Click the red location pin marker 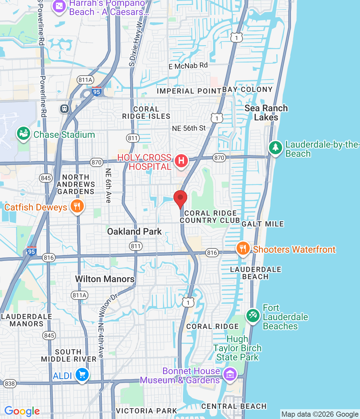point(180,198)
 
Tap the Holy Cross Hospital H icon point(181,161)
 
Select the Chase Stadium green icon point(24,134)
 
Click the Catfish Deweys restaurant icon point(77,206)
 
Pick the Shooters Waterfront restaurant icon point(243,248)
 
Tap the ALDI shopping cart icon point(82,374)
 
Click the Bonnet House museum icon point(230,374)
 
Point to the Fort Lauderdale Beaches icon point(253,316)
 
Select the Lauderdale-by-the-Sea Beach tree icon point(276,148)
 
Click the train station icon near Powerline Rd point(64,108)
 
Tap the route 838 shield point(10,384)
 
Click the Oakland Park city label point(134,231)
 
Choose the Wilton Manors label point(105,279)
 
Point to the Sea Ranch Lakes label point(266,113)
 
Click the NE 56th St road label point(189,128)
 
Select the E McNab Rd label point(188,66)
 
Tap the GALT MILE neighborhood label point(262,224)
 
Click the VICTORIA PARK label point(146,411)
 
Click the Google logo point(22,411)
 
